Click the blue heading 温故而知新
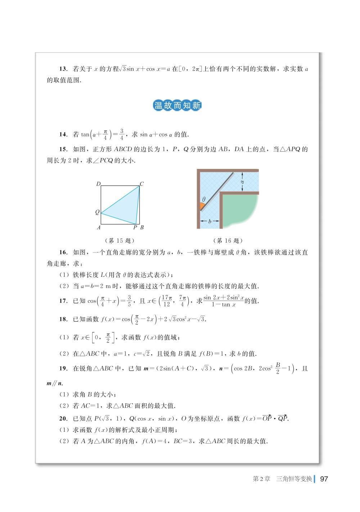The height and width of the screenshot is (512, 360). tap(177, 105)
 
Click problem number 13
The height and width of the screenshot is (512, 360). tap(63, 69)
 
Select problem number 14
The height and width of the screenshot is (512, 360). tap(63, 135)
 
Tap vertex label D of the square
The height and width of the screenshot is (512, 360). tap(98, 184)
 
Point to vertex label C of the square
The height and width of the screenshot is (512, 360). tap(142, 184)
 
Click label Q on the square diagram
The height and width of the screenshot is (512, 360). tap(97, 212)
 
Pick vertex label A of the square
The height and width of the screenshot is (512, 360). tap(98, 228)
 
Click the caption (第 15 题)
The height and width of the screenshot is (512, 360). tap(118, 241)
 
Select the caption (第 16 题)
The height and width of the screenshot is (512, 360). tap(228, 241)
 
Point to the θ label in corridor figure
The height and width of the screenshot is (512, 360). tap(203, 199)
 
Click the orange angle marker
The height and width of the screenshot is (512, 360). tap(202, 207)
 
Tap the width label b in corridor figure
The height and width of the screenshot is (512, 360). tap(210, 221)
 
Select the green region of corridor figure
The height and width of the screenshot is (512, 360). tap(239, 209)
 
